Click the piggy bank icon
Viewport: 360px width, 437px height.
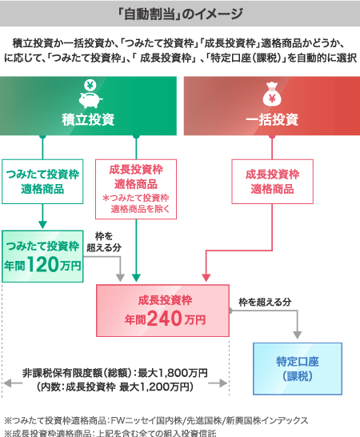click(90, 99)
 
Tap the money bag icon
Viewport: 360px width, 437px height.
click(272, 94)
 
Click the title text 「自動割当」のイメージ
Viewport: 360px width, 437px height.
click(180, 14)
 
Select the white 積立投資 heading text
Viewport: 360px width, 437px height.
click(88, 120)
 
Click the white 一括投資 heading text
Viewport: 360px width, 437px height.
click(272, 120)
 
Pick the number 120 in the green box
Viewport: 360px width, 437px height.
click(43, 264)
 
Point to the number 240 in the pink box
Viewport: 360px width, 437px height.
click(164, 319)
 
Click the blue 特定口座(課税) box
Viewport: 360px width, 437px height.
click(298, 368)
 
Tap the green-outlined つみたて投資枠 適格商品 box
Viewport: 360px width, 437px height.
click(42, 182)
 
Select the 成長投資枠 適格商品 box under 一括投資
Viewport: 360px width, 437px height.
click(272, 182)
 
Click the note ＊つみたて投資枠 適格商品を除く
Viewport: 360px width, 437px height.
click(136, 203)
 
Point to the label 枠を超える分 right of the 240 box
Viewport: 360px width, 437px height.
click(265, 302)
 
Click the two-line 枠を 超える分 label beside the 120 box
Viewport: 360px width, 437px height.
click(104, 242)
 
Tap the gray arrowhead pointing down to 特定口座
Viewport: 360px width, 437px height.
click(298, 335)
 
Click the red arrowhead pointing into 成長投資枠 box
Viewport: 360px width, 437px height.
click(206, 278)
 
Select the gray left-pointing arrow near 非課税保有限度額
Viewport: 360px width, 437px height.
click(13, 383)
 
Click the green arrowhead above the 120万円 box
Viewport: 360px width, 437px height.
click(42, 224)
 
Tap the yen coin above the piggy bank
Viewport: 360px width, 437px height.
click(90, 86)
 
